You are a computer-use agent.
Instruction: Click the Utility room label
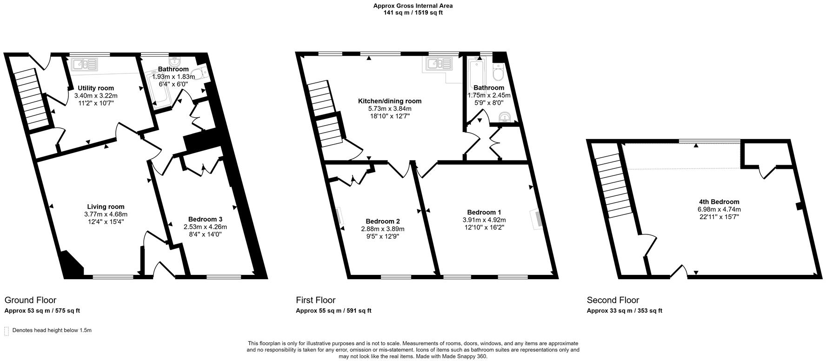[95, 88]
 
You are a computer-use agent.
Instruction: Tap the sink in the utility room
[84, 64]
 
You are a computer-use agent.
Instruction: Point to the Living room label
[106, 207]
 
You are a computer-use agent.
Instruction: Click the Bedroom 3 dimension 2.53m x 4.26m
[205, 227]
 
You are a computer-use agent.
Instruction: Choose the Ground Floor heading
[30, 300]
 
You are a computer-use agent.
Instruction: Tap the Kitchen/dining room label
[389, 101]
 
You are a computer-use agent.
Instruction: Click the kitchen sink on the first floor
[437, 64]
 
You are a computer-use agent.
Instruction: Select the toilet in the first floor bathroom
[498, 72]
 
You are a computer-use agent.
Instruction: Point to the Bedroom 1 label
[484, 212]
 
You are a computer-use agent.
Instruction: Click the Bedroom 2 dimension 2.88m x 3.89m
[383, 229]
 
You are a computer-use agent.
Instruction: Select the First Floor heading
[315, 300]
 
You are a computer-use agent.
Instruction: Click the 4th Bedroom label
[719, 202]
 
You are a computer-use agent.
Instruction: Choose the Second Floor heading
[613, 300]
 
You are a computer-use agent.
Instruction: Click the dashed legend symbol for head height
[7, 331]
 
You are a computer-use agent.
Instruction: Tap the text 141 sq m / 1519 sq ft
[413, 13]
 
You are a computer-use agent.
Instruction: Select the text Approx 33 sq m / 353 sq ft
[624, 311]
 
